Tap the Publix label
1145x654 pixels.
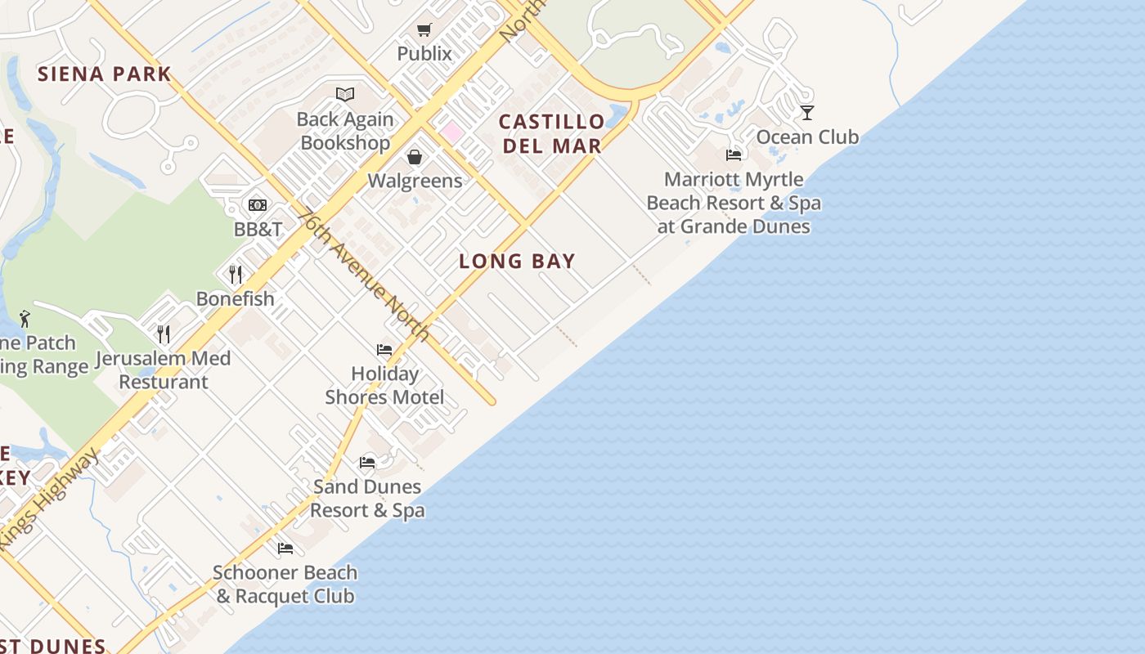tap(424, 54)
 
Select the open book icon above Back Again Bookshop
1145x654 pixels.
tap(345, 95)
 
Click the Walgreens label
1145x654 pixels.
tap(415, 181)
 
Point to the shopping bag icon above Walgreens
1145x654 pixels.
tap(415, 157)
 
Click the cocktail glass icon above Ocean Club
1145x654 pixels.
tap(807, 113)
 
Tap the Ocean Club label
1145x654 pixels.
tap(807, 137)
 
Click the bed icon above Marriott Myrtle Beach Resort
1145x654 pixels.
tap(734, 155)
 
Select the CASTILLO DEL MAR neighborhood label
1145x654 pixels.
tap(552, 134)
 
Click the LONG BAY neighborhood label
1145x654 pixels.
tap(517, 262)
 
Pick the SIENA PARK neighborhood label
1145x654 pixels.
tap(105, 74)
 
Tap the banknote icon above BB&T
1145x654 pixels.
tap(258, 205)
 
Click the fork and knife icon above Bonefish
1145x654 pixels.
tap(236, 274)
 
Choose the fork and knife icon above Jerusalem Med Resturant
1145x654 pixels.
tap(164, 334)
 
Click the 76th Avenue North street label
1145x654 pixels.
tap(363, 275)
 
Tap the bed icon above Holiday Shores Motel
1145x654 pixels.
tap(384, 350)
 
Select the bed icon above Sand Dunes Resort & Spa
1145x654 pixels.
tap(367, 463)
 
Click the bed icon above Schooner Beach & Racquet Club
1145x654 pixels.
tap(285, 549)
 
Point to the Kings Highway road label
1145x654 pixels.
tap(49, 499)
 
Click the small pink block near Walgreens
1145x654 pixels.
tap(451, 131)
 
